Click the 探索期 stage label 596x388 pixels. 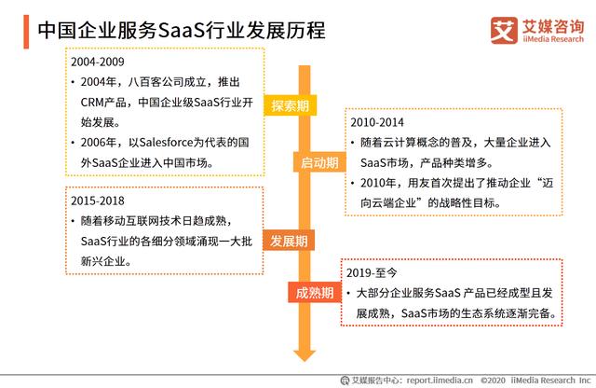pyautogui.click(x=290, y=105)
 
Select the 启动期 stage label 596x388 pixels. pyautogui.click(x=319, y=162)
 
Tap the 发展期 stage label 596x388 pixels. pyautogui.click(x=289, y=241)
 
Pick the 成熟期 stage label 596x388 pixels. pyautogui.click(x=315, y=293)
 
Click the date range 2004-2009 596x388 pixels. pyautogui.click(x=98, y=62)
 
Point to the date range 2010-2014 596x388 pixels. pyautogui.click(x=377, y=122)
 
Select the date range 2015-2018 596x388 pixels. pyautogui.click(x=98, y=201)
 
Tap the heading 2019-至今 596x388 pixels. pyautogui.click(x=372, y=272)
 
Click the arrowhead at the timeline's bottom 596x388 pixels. pyautogui.click(x=305, y=355)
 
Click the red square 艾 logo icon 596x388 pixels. pyautogui.click(x=504, y=31)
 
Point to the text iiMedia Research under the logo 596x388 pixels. pyautogui.click(x=553, y=39)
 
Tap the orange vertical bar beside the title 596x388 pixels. pyautogui.click(x=26, y=32)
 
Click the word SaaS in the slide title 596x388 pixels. pyautogui.click(x=181, y=31)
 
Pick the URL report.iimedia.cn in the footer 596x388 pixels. pyautogui.click(x=440, y=380)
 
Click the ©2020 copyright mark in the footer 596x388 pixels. pyautogui.click(x=493, y=380)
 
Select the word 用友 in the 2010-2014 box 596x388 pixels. pyautogui.click(x=419, y=183)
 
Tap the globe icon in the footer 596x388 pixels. pyautogui.click(x=345, y=380)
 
